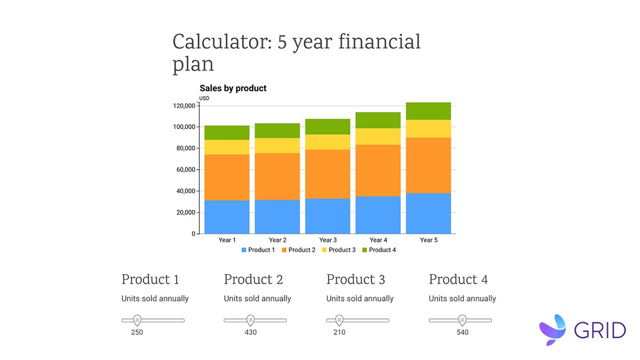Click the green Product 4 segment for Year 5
coord(428,111)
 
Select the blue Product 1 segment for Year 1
coord(227,217)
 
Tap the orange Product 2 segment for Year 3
coord(327,174)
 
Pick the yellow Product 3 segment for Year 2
coord(277,146)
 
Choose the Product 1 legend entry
coord(258,250)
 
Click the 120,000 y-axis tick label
coord(183,106)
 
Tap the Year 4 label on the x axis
coord(378,240)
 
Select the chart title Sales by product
coord(233,88)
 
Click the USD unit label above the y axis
coord(204,98)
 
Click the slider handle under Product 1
coord(137,320)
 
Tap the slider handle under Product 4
coord(462,320)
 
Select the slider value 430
coord(250,332)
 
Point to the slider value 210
coord(339,332)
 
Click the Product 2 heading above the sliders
coord(253,279)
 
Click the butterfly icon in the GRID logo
coord(554,329)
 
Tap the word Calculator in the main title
coord(220,42)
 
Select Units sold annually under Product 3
coord(360,299)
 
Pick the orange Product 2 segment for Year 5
coord(428,165)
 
